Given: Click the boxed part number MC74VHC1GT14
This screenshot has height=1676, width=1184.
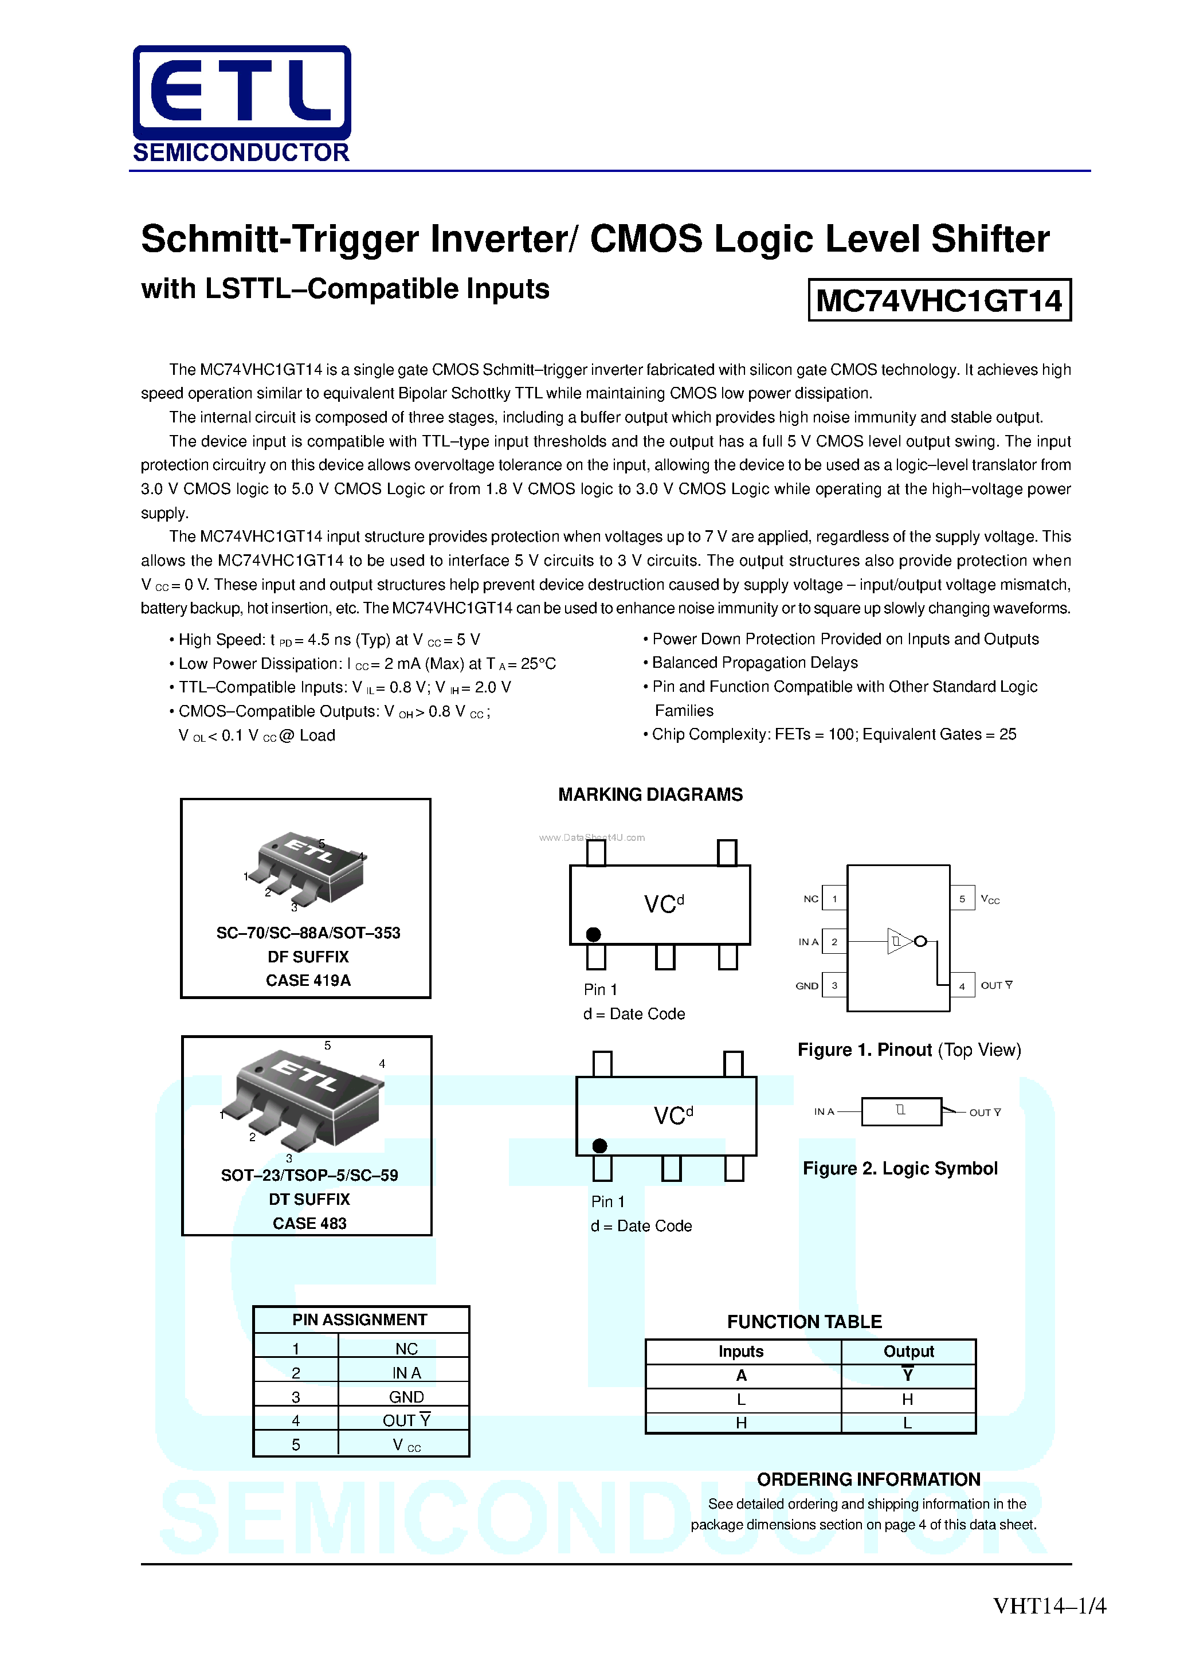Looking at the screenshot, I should tap(939, 300).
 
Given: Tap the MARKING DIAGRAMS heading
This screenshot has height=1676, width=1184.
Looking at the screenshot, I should tap(650, 794).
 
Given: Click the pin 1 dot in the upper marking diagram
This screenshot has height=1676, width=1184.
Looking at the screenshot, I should tap(594, 934).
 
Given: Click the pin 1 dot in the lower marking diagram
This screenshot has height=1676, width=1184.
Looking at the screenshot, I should tap(600, 1145).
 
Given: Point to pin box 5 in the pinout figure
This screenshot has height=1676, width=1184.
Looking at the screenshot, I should tap(962, 899).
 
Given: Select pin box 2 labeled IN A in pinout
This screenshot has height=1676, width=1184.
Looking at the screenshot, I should tap(834, 942).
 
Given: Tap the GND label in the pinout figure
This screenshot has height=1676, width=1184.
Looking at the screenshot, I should tap(806, 985).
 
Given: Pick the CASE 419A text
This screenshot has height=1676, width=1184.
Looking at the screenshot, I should tap(308, 980).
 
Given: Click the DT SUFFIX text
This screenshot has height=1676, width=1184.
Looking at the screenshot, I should tap(309, 1199).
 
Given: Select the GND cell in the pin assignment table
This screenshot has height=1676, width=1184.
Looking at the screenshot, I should tap(406, 1396).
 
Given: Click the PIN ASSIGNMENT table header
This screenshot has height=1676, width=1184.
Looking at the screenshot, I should tap(360, 1320).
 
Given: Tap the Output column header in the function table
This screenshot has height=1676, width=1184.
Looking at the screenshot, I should tap(908, 1351).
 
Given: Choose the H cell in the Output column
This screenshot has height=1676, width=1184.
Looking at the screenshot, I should tap(907, 1399).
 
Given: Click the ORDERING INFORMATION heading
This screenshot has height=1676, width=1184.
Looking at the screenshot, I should tap(868, 1479).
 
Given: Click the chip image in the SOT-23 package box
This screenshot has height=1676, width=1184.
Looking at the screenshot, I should tap(307, 1099).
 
